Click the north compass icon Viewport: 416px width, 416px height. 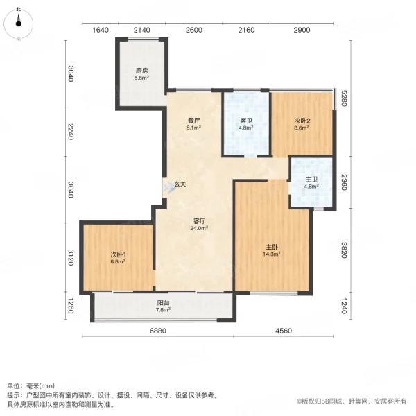[19, 22]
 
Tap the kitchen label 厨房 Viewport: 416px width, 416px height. [141, 71]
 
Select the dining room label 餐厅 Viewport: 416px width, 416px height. [193, 119]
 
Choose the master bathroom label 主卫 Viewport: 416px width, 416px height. [311, 179]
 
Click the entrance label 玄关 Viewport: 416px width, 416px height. [180, 184]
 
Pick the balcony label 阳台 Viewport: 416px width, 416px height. [163, 302]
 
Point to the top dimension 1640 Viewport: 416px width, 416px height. [101, 30]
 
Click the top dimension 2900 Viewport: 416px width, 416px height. [302, 30]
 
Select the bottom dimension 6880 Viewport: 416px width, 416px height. [158, 331]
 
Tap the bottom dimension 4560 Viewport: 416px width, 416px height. [282, 331]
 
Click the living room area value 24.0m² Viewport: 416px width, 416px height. [200, 228]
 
